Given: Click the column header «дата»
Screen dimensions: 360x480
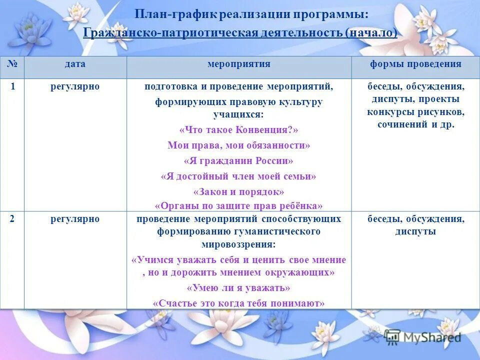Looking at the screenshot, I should [x=75, y=64].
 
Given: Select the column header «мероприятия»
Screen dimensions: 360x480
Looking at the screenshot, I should [x=238, y=64].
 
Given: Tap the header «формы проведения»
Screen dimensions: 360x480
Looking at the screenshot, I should [x=415, y=64].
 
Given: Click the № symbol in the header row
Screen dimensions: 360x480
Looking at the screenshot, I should [x=12, y=64].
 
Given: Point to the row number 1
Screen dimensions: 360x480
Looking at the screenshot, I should [x=12, y=86].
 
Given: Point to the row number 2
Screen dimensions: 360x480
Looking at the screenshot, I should [x=12, y=219].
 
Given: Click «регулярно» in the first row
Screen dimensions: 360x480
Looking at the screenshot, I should [x=75, y=86].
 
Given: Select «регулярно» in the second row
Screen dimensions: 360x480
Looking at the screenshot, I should [x=75, y=219].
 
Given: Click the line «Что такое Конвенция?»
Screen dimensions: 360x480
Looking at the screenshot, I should [x=238, y=130].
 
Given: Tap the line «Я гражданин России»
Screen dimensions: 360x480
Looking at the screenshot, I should [x=238, y=161].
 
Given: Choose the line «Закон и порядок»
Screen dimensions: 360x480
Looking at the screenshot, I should [x=238, y=192].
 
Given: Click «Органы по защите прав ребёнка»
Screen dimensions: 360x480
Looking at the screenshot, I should [x=238, y=205].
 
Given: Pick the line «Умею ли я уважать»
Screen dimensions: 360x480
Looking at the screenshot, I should [x=238, y=288].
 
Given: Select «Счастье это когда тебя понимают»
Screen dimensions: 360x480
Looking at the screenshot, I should [x=238, y=303].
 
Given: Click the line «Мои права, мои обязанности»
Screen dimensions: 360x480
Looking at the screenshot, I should [x=238, y=145].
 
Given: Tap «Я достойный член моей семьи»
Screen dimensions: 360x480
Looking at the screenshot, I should [x=238, y=176].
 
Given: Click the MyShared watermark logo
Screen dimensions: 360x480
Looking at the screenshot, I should [x=422, y=336].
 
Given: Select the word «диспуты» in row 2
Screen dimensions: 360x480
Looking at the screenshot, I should [x=415, y=231].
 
